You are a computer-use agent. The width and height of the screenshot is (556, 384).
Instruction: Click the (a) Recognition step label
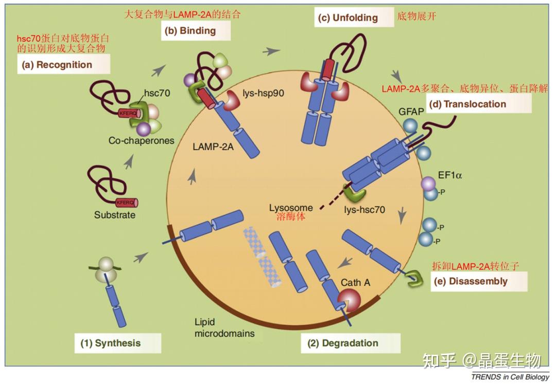64,65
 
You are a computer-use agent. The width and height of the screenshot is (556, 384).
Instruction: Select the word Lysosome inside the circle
291,208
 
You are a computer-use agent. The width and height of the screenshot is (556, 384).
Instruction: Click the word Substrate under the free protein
114,215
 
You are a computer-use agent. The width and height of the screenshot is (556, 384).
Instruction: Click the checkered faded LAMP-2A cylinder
262,255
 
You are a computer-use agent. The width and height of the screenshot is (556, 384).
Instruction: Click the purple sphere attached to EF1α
428,184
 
